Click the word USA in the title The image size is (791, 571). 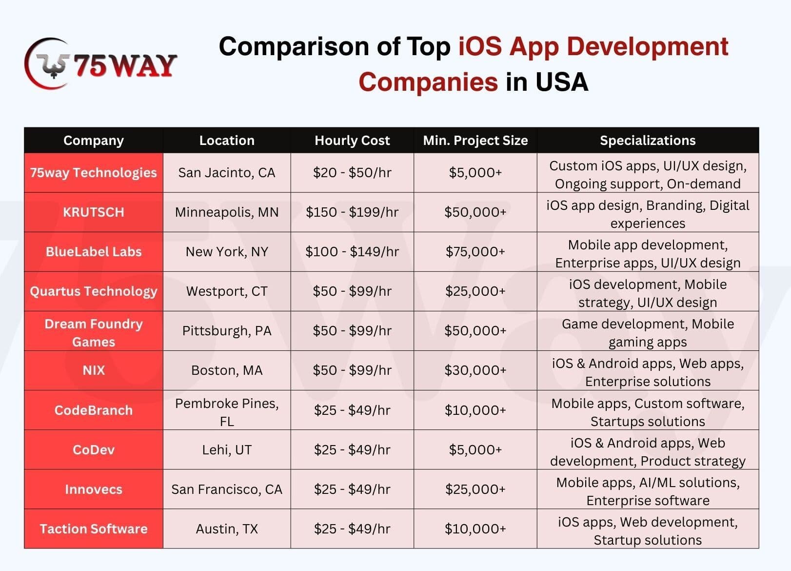pyautogui.click(x=561, y=82)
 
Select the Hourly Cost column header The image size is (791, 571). pyautogui.click(x=352, y=141)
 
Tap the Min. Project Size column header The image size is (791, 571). pyautogui.click(x=475, y=141)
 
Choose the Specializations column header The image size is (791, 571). pyautogui.click(x=648, y=141)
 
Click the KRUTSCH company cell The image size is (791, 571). pyautogui.click(x=94, y=212)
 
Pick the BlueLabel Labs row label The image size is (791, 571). pyautogui.click(x=94, y=252)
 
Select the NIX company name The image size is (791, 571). pyautogui.click(x=94, y=370)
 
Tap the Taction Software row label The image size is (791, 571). pyautogui.click(x=94, y=529)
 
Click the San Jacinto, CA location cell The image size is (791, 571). pyautogui.click(x=227, y=173)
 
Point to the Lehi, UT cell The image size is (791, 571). pyautogui.click(x=227, y=450)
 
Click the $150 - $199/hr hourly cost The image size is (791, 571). pyautogui.click(x=352, y=212)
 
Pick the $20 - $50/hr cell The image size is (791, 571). pyautogui.click(x=352, y=173)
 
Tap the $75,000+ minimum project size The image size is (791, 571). pyautogui.click(x=475, y=252)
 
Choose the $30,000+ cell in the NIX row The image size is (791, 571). pyautogui.click(x=475, y=370)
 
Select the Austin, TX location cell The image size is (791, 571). pyautogui.click(x=227, y=529)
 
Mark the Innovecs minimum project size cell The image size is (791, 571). pyautogui.click(x=475, y=489)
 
